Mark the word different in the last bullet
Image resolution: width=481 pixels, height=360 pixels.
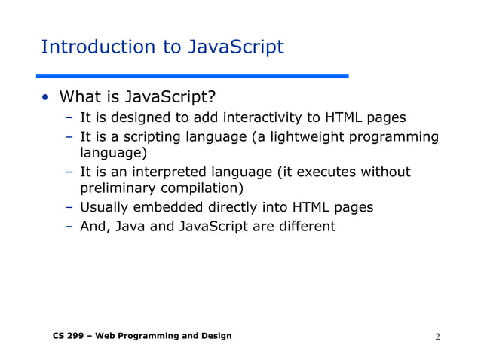coord(305,226)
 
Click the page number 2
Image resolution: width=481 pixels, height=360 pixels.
coord(437,336)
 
